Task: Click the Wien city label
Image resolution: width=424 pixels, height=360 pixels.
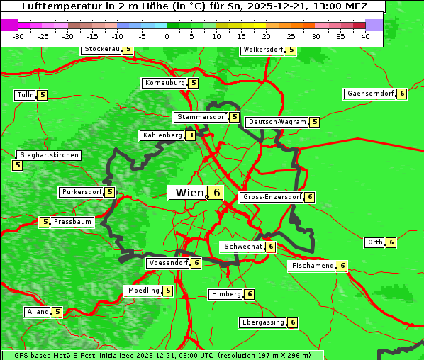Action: click(189, 193)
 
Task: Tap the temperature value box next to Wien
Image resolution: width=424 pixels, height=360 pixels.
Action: click(216, 193)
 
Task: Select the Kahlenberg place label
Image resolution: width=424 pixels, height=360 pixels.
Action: click(162, 135)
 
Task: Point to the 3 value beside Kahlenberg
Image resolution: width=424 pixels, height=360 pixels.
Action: click(191, 135)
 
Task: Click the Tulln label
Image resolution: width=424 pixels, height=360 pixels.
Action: click(25, 95)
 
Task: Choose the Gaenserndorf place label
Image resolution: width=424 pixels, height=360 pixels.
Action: click(369, 94)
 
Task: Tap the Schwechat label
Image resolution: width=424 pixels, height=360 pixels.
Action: click(242, 247)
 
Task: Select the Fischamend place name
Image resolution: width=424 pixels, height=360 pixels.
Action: click(312, 266)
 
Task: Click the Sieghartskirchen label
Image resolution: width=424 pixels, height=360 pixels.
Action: click(49, 155)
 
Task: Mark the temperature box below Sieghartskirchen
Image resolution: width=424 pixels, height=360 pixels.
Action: click(17, 165)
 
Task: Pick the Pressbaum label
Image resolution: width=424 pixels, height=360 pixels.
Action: click(73, 222)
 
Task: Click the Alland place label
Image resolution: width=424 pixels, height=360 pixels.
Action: click(38, 312)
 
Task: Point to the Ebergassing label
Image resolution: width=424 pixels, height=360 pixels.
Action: click(263, 322)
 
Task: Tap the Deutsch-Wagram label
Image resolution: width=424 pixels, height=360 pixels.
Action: click(277, 122)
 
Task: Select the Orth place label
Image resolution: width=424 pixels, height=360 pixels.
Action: click(374, 242)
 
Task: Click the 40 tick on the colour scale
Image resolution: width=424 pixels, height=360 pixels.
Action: click(365, 36)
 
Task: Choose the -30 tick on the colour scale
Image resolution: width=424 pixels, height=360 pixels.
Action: click(18, 36)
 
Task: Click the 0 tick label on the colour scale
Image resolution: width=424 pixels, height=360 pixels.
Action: click(167, 36)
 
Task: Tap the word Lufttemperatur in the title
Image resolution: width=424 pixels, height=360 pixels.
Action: click(52, 6)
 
